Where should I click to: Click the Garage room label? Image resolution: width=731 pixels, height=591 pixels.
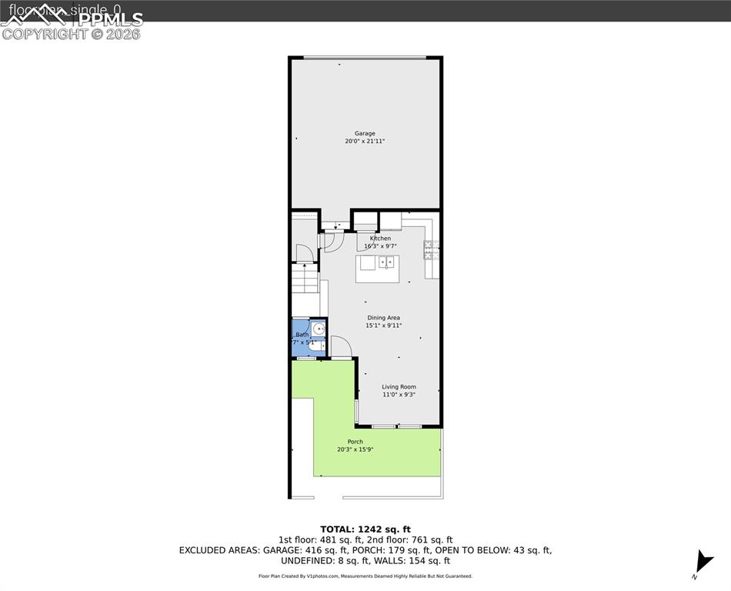[365, 133]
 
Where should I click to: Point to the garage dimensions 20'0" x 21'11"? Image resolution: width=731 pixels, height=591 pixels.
[365, 142]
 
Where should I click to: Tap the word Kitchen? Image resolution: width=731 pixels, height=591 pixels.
[380, 239]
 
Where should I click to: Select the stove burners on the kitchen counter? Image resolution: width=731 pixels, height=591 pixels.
[431, 249]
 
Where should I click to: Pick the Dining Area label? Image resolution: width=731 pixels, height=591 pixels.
[383, 318]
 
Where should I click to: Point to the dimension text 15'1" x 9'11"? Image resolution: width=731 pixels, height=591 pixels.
[383, 326]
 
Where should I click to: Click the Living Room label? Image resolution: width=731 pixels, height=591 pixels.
[399, 387]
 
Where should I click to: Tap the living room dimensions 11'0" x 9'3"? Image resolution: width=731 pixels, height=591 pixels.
[399, 395]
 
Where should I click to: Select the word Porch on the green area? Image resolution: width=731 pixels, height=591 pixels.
[355, 442]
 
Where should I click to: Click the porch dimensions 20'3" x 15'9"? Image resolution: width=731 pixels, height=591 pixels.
[355, 449]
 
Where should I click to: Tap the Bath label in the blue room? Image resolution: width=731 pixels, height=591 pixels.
[302, 335]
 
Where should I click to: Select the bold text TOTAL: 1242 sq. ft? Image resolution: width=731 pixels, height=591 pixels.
[365, 529]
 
